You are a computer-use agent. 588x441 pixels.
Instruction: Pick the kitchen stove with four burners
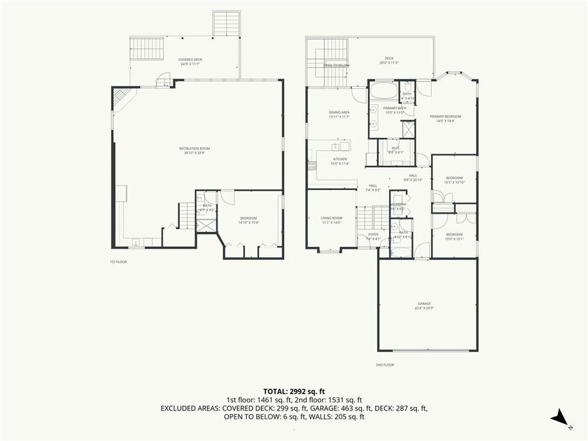tap(312, 165)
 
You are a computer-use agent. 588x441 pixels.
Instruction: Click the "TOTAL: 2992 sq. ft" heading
tap(294, 391)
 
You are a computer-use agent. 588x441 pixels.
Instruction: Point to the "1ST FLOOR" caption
tap(118, 262)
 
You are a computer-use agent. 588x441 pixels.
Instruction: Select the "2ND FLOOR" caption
tap(384, 365)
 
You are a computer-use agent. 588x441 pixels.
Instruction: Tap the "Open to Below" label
tap(336, 65)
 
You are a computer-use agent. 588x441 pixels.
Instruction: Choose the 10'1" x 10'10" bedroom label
tap(454, 180)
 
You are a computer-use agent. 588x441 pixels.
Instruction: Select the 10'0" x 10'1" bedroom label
tap(454, 236)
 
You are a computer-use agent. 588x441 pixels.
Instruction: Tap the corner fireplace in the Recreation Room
tap(122, 98)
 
